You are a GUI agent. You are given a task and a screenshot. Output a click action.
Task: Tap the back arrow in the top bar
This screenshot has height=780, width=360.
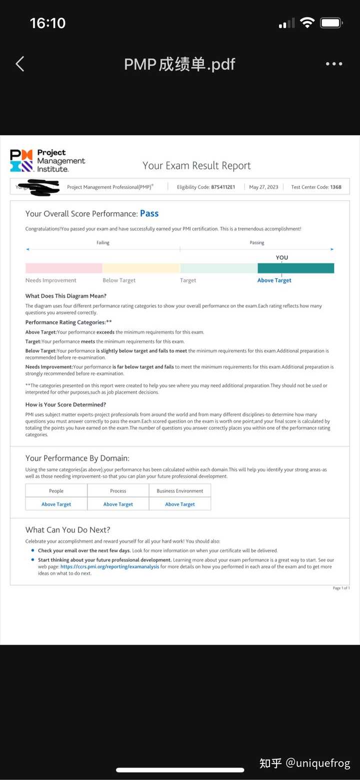(20, 64)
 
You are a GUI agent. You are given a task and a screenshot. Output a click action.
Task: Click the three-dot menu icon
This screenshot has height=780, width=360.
(333, 64)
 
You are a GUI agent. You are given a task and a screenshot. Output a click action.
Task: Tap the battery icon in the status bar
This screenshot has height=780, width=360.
(330, 23)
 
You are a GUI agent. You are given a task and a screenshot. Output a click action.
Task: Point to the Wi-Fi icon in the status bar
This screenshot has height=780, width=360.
(307, 23)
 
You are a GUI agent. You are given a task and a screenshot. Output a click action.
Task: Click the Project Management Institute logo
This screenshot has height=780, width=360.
(47, 161)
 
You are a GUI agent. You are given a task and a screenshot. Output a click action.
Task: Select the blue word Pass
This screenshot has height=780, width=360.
(149, 214)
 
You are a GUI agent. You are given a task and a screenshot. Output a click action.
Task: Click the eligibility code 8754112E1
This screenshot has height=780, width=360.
(220, 187)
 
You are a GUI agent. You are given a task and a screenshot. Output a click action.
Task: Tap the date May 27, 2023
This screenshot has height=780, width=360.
(263, 187)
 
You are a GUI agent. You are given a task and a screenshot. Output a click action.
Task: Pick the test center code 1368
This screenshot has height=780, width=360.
(335, 187)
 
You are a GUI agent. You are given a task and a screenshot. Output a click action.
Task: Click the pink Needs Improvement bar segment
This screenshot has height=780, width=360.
(63, 268)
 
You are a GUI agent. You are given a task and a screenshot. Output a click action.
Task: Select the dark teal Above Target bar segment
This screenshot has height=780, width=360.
(295, 268)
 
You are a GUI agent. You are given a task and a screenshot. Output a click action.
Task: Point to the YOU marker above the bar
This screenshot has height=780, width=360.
(282, 258)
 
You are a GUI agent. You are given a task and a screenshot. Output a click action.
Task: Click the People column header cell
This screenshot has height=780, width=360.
(56, 491)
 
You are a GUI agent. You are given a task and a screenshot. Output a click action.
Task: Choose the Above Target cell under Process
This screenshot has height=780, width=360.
(118, 504)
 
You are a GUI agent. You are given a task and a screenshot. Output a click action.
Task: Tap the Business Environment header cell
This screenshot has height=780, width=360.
(180, 491)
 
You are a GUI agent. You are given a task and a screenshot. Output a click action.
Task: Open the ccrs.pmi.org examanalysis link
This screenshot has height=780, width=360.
(110, 567)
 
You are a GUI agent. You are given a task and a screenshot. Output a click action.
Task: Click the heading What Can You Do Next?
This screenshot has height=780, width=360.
(68, 530)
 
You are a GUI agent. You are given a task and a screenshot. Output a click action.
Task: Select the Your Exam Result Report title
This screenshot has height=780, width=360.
(196, 166)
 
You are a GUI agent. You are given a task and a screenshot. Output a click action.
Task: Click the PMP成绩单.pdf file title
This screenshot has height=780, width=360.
(179, 64)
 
